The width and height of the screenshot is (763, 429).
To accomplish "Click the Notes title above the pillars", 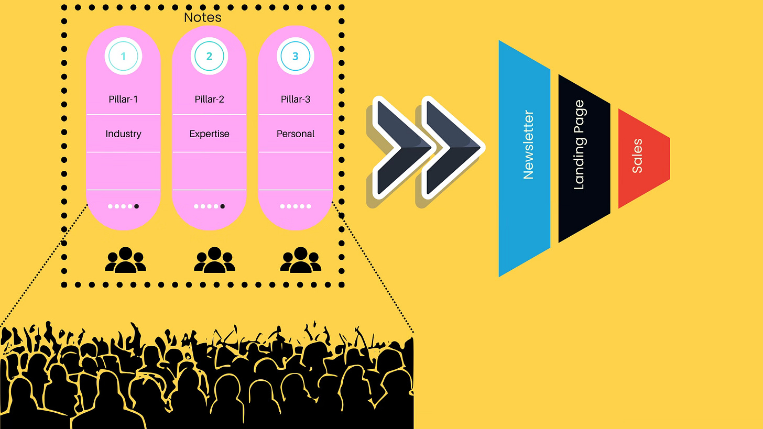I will tap(202, 17).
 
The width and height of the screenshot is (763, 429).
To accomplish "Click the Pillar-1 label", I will tap(123, 99).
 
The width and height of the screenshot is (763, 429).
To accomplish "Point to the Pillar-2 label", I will tap(209, 99).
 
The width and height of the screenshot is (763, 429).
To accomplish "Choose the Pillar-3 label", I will tap(296, 99).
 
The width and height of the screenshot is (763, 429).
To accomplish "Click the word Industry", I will tap(123, 134).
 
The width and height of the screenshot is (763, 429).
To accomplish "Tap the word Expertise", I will tap(209, 134).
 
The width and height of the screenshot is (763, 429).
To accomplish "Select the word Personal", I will tap(296, 134).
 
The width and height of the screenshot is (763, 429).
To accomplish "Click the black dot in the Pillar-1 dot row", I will tap(136, 206).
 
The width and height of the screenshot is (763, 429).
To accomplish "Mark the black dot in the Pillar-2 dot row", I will tap(222, 206).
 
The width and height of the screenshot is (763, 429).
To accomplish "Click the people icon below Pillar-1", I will tap(125, 260).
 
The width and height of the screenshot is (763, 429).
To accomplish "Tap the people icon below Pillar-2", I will tap(214, 260).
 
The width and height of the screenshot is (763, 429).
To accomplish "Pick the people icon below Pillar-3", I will tap(300, 260).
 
